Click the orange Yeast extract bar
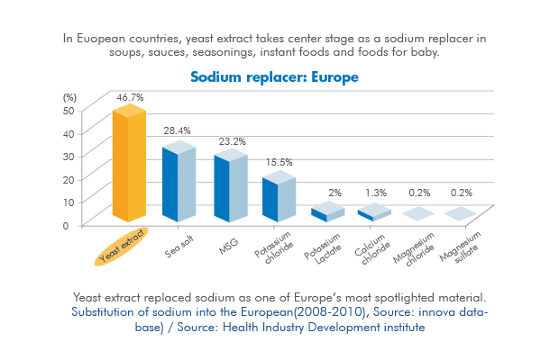coord(129,166)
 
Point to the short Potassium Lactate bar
coord(327,212)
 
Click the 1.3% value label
coord(378,193)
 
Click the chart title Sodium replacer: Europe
coord(275,77)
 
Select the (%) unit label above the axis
coord(69,95)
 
